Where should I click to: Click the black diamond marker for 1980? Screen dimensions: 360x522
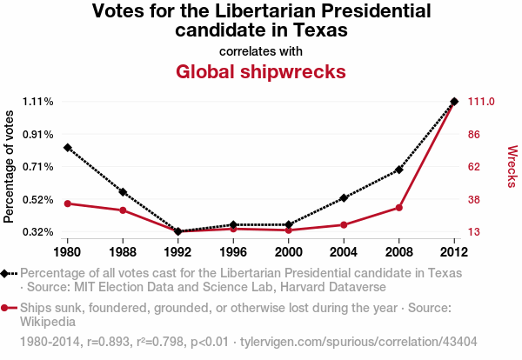click(x=67, y=148)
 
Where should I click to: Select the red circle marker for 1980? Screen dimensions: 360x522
click(x=67, y=203)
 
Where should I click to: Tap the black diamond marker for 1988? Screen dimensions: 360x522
click(x=123, y=191)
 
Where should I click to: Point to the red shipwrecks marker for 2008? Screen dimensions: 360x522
click(x=399, y=207)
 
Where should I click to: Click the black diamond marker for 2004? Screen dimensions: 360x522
click(x=344, y=198)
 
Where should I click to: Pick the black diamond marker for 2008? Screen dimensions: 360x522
click(x=399, y=170)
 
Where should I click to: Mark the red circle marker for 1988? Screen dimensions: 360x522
click(x=123, y=210)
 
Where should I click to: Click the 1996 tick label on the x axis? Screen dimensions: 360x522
click(x=233, y=252)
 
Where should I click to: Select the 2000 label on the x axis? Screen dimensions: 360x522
click(x=289, y=252)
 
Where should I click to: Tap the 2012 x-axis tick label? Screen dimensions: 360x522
click(x=454, y=252)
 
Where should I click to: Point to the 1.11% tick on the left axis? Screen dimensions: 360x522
click(x=38, y=102)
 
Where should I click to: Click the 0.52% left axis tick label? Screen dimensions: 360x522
click(x=38, y=200)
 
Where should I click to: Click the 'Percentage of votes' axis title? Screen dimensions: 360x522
click(x=10, y=167)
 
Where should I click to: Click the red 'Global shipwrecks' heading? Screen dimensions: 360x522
click(x=261, y=71)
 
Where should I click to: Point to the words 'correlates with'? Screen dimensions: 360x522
click(x=261, y=50)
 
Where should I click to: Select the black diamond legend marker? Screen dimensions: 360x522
click(x=8, y=273)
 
